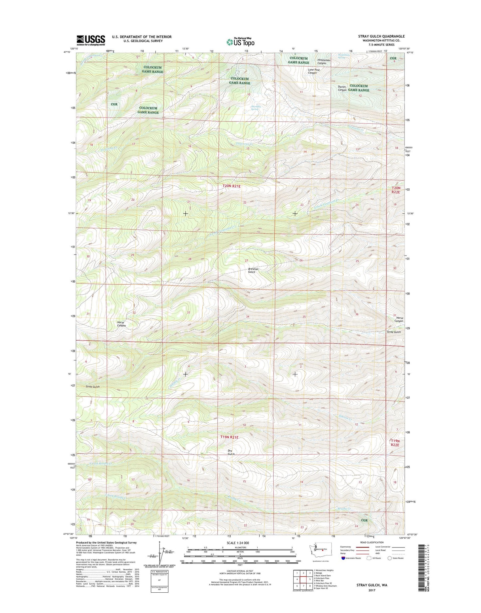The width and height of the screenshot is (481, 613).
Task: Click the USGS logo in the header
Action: click(91, 40)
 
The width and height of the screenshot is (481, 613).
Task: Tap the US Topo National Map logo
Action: click(240, 42)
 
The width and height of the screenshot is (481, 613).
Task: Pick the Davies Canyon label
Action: click(342, 88)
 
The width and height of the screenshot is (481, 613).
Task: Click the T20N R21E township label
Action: click(231, 187)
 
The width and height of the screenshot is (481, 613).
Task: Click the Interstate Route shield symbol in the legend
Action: click(343, 558)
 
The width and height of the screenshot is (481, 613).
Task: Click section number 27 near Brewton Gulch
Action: click(247, 260)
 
